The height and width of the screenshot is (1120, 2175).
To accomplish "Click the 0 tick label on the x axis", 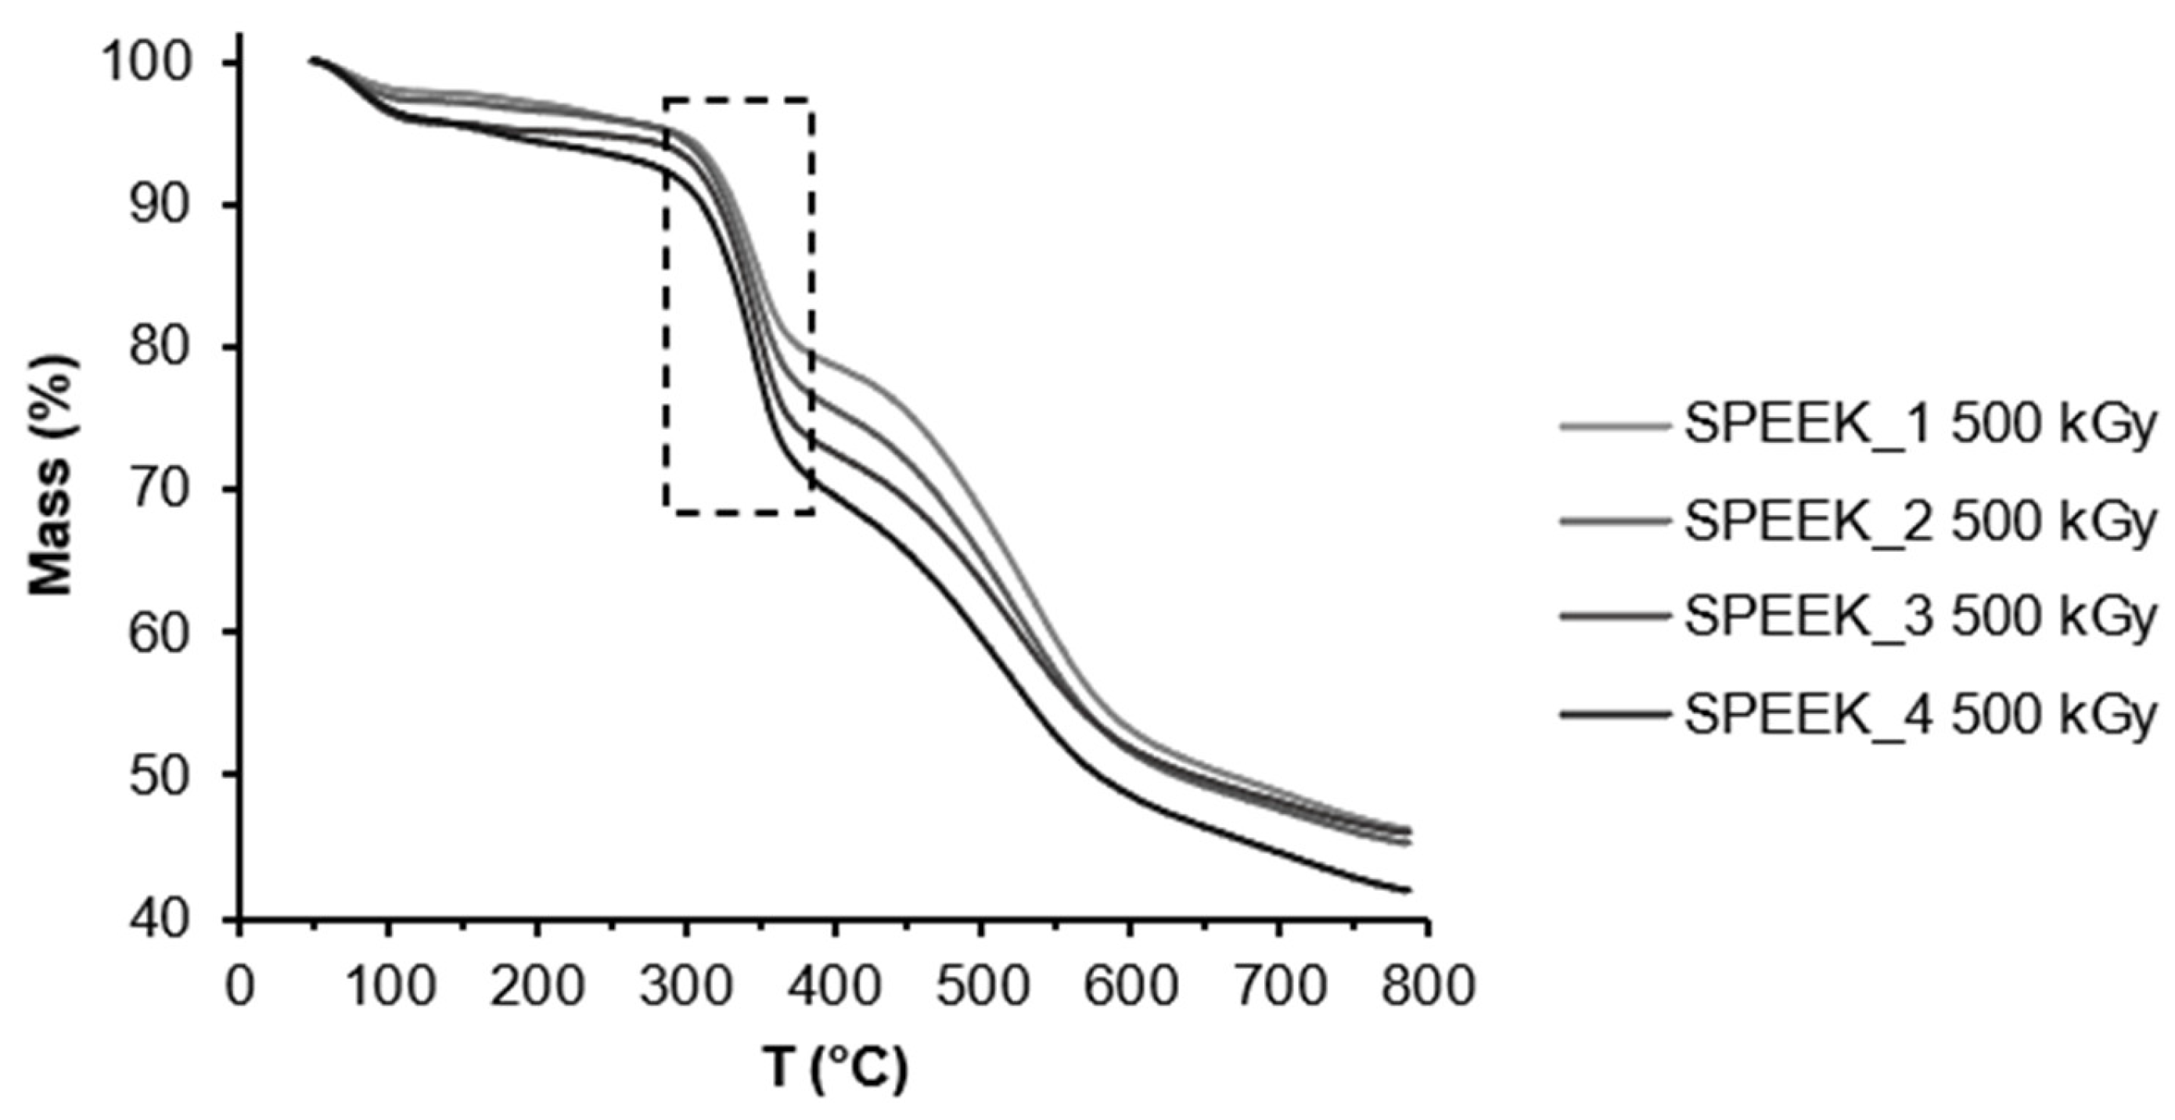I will [239, 986].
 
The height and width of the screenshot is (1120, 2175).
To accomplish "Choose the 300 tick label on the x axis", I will [685, 986].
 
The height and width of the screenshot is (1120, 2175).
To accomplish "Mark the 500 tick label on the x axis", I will [982, 986].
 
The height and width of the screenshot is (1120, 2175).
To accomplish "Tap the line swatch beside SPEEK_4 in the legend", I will [1614, 715].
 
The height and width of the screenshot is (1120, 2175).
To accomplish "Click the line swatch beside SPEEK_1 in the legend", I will [1614, 427].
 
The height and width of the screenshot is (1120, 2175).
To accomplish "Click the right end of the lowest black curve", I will [1408, 889].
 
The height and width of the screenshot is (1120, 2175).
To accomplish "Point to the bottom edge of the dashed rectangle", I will [739, 512].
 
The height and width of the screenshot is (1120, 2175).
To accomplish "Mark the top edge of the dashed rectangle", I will [739, 99].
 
